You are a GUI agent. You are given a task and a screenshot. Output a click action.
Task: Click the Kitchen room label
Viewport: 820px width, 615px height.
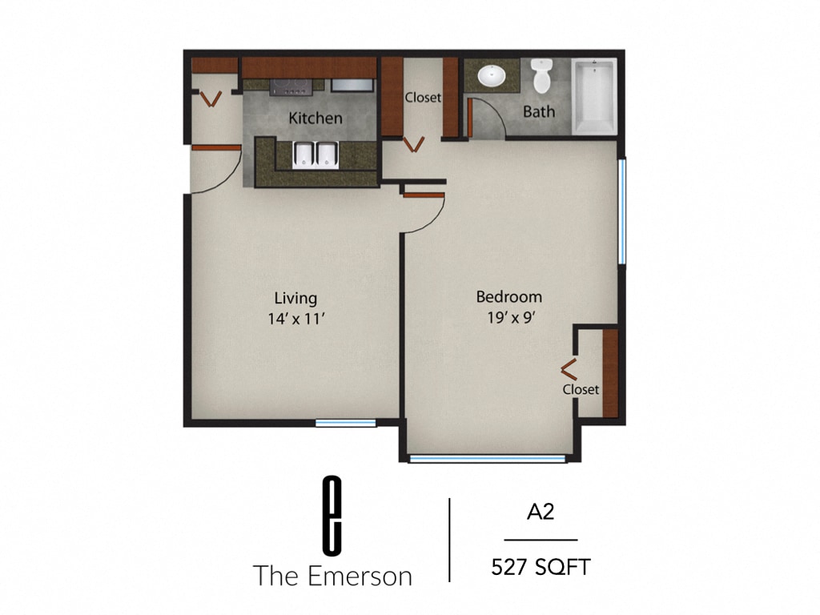point(316,119)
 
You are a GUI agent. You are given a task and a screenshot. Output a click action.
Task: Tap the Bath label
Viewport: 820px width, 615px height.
point(538,112)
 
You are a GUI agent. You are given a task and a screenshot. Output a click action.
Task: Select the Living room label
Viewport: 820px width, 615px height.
point(295,299)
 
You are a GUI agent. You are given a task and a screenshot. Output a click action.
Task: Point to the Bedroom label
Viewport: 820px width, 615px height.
point(508,297)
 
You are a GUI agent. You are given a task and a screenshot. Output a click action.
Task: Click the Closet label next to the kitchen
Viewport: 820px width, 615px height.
point(422,98)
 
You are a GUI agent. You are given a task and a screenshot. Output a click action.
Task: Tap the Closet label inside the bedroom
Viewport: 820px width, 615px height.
point(581,390)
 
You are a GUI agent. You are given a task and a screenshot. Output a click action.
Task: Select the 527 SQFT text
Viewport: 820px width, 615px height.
point(541,568)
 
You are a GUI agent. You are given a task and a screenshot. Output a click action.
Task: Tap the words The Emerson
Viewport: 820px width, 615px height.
point(332,575)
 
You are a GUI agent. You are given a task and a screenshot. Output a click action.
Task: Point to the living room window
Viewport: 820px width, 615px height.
point(345,422)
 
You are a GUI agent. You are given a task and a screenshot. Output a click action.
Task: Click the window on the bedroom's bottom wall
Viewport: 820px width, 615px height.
point(487,459)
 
